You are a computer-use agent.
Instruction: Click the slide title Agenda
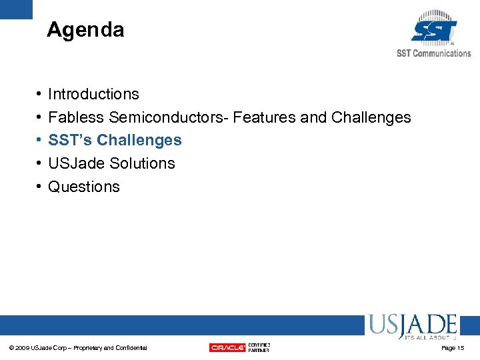[x=85, y=30]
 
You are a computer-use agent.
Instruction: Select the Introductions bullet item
[x=93, y=95]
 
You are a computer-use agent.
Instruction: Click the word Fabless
[x=76, y=118]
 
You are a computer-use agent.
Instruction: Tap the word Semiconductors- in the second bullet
[x=169, y=118]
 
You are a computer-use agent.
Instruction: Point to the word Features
[x=265, y=118]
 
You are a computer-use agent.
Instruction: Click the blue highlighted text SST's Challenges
[x=115, y=141]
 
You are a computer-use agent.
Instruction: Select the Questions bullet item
[x=84, y=187]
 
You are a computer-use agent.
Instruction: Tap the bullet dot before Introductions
[x=39, y=95]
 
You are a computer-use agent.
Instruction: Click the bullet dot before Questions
[x=39, y=187]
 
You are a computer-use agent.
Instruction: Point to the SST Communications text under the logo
[x=433, y=53]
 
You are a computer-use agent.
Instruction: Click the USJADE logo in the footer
[x=412, y=327]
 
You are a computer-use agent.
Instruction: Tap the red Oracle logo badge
[x=227, y=347]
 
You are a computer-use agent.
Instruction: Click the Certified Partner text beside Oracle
[x=259, y=347]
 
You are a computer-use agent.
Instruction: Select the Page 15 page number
[x=453, y=348]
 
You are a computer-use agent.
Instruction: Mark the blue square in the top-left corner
[x=16, y=9]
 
